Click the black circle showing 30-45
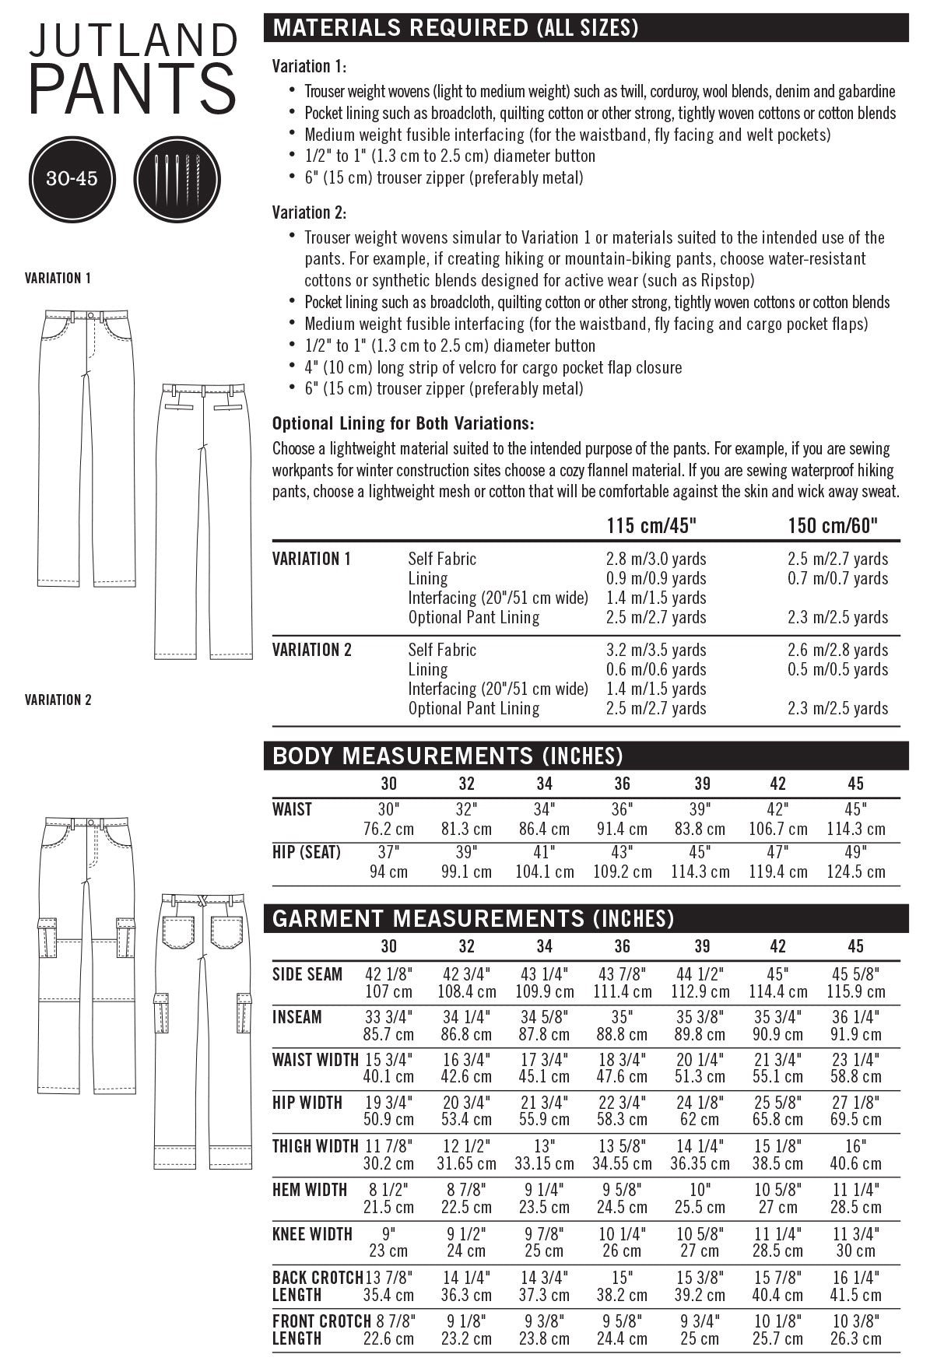point(72,178)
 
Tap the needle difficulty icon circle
point(171,178)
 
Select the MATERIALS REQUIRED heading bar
point(588,29)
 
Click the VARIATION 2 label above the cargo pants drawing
point(58,700)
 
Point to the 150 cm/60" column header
point(833,526)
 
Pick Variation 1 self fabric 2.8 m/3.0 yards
point(656,559)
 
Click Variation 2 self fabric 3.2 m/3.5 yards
point(656,650)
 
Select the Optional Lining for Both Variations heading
point(403,424)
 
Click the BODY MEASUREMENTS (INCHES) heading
point(447,756)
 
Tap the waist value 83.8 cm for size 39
point(700,829)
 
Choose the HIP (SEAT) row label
point(307,852)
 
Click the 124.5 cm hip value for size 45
point(855,872)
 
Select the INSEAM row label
point(297,1017)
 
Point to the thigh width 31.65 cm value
point(466,1164)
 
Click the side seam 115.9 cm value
point(855,992)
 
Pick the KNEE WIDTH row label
point(312,1234)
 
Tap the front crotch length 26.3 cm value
point(855,1339)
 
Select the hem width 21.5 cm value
point(388,1208)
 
